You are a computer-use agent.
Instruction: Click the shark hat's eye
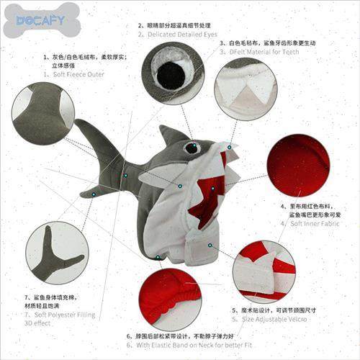pyautogui.click(x=192, y=148)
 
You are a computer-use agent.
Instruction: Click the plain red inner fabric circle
pyautogui.click(x=298, y=166)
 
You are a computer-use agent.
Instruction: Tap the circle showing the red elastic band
pyautogui.click(x=169, y=300)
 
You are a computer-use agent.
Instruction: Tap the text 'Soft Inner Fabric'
pyautogui.click(x=315, y=223)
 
